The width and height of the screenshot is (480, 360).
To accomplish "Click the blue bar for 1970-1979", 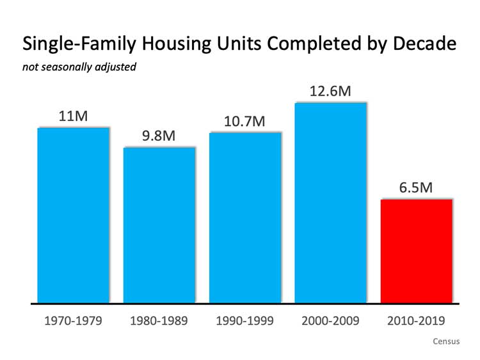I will (73, 215).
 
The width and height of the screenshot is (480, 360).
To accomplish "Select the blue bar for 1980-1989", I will (159, 224).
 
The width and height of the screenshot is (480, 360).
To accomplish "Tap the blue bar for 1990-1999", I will (245, 217).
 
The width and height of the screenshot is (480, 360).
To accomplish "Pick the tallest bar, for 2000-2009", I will (330, 202).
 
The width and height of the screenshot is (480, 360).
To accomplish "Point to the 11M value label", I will (73, 116).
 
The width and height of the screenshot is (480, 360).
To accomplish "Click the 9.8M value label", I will (159, 136).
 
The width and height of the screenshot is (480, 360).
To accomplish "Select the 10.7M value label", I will (244, 121).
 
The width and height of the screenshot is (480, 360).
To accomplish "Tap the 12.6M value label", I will (330, 91).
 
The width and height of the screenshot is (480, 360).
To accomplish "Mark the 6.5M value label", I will (416, 188).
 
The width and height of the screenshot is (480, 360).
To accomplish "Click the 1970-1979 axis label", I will (73, 320).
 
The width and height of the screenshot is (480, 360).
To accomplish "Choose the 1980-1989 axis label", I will (159, 320).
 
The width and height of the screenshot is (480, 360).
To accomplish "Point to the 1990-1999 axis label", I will (245, 320).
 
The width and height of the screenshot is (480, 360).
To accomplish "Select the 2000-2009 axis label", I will (330, 320).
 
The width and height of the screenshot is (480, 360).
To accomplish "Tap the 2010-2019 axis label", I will (417, 320).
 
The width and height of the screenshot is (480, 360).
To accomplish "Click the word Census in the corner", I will (446, 341).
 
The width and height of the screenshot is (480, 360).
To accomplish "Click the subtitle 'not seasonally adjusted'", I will (79, 67).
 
